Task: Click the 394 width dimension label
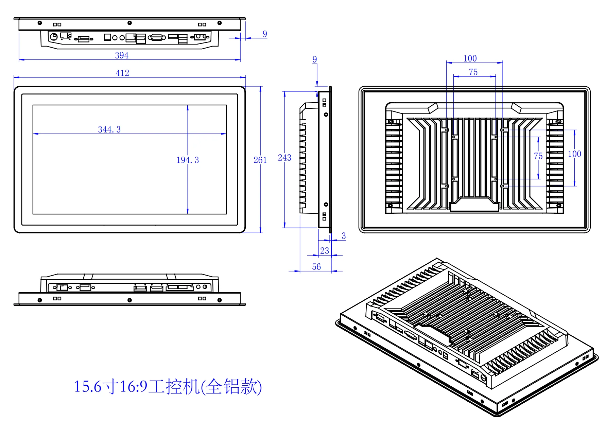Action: point(122,55)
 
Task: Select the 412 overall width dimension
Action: point(122,73)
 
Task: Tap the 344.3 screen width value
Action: point(109,129)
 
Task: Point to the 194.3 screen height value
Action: point(188,160)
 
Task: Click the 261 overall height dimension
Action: point(260,160)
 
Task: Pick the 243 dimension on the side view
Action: point(284,158)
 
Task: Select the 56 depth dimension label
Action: point(316,267)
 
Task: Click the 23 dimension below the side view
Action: point(325,251)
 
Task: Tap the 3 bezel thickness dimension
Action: point(344,236)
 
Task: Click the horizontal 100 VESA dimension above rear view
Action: point(470,58)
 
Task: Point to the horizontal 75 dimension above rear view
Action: point(473,72)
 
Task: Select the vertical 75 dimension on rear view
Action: point(538,156)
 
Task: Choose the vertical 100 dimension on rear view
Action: point(574,154)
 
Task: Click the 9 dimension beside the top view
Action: point(265,34)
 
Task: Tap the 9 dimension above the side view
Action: point(315,59)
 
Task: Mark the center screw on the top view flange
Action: point(129,23)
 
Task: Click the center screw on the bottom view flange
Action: point(129,300)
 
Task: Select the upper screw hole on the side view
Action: point(326,115)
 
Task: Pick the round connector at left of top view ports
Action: point(54,36)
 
